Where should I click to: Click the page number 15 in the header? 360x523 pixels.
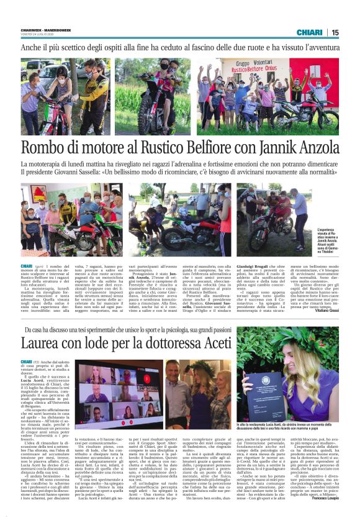335,32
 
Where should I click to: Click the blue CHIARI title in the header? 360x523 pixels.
309,32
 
